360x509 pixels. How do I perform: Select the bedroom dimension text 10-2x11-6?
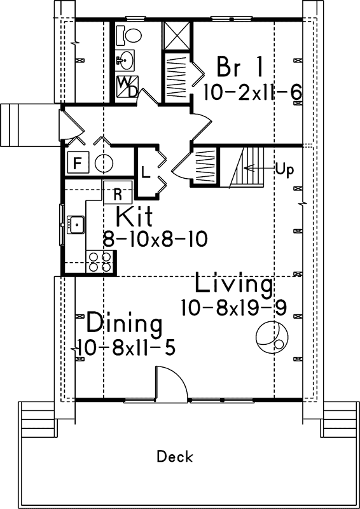(x=252, y=91)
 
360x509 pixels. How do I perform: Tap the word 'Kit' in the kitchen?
(x=134, y=216)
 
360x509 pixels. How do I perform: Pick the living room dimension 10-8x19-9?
(x=233, y=307)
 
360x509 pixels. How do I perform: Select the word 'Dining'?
(x=124, y=323)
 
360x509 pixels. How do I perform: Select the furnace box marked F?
(x=77, y=163)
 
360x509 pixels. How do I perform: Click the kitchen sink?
(x=77, y=223)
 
